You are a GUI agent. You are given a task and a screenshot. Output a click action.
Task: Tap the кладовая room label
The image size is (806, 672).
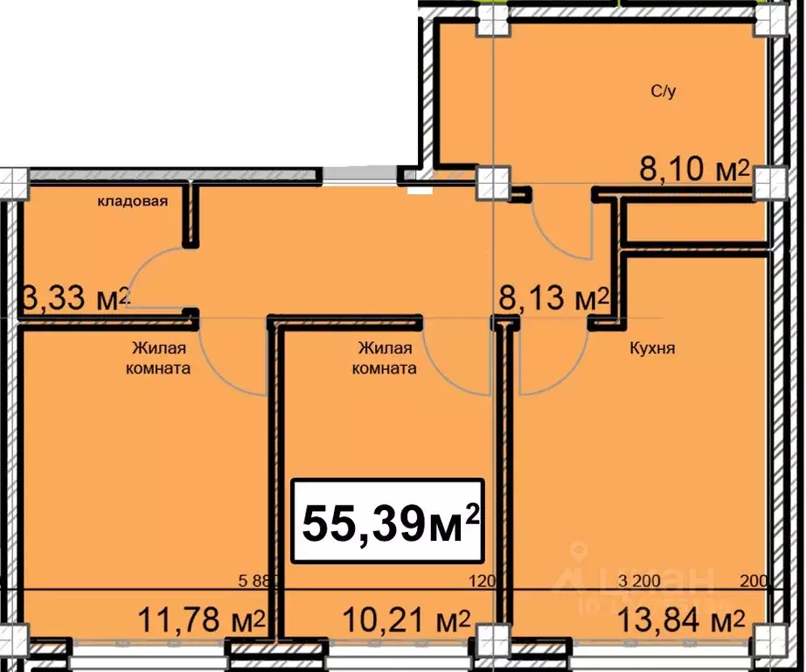[x=132, y=201]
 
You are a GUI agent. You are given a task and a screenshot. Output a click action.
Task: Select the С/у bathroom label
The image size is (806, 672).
[x=663, y=92]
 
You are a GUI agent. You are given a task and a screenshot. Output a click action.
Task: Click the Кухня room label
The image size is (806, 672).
[x=652, y=347]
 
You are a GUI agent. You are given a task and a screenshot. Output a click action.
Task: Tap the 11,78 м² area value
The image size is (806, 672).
[x=201, y=623]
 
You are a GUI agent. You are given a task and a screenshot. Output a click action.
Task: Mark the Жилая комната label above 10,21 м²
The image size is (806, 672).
[x=384, y=357]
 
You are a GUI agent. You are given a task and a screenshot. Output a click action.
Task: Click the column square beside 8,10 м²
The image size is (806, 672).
[x=769, y=183]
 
